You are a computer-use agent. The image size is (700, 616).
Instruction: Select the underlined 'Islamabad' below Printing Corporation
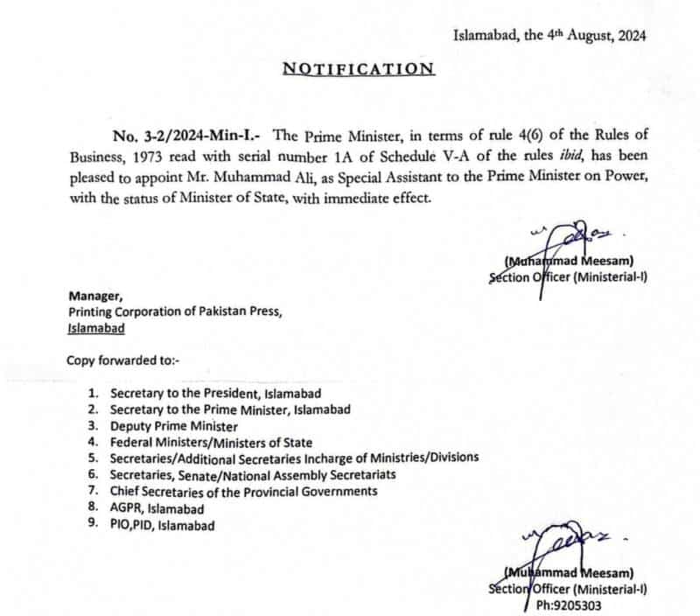click(95, 328)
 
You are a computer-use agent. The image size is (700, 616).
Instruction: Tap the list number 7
click(93, 492)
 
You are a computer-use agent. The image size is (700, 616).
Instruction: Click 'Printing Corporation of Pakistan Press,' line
click(175, 312)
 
